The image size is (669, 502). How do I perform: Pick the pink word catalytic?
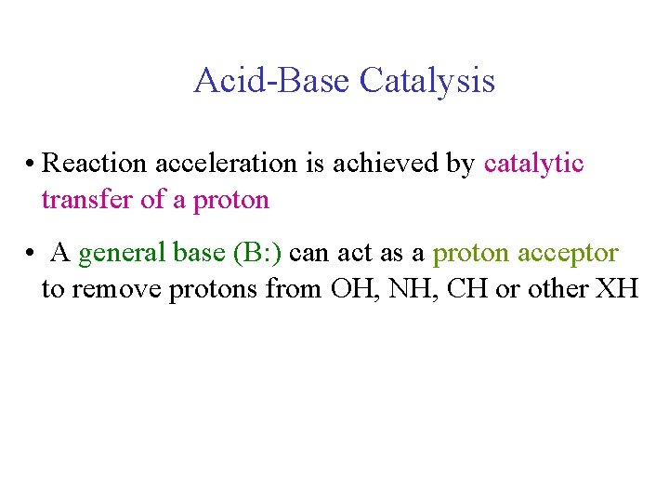(x=533, y=164)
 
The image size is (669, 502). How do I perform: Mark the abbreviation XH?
(x=616, y=289)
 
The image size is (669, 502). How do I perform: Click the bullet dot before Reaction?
(x=31, y=165)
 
